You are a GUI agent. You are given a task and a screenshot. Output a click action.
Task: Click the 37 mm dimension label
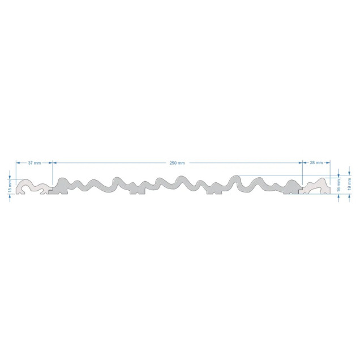[x=35, y=163]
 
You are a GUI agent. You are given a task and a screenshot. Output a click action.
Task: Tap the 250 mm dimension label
[x=177, y=163]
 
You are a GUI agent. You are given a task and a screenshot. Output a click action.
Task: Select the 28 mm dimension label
[x=316, y=162]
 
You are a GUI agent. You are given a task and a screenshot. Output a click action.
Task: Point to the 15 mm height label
[x=10, y=186]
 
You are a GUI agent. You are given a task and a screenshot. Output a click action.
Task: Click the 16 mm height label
[x=338, y=186]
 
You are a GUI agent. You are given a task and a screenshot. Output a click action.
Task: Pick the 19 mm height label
[x=349, y=184]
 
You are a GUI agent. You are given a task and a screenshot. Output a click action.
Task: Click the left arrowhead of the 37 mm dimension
[x=18, y=163]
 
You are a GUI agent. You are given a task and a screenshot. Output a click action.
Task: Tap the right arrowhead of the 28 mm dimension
[x=328, y=162]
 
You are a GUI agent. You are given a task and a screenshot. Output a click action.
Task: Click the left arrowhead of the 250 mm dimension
[x=55, y=163]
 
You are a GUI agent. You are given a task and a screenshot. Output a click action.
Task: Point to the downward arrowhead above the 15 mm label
[x=10, y=177]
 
